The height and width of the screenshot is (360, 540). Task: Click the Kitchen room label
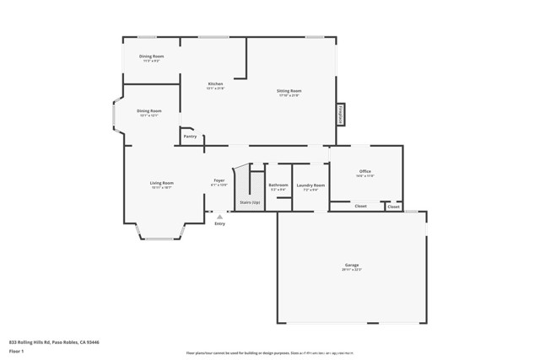click(216, 83)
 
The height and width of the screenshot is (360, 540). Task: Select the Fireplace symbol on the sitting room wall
click(341, 113)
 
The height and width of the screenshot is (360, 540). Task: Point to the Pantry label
click(190, 136)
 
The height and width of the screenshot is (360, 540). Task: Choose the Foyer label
click(219, 180)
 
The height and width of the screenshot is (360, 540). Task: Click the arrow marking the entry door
click(219, 217)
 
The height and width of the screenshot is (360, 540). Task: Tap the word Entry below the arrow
click(219, 223)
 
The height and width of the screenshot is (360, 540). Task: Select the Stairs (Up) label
click(250, 202)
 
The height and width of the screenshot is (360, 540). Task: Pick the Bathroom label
click(278, 185)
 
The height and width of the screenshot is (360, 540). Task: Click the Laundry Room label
click(310, 185)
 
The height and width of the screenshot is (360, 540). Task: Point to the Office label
click(364, 171)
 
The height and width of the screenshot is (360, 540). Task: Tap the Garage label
click(351, 265)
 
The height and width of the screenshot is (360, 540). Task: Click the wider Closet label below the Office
click(360, 206)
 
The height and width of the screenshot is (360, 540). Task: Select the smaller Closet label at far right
click(393, 206)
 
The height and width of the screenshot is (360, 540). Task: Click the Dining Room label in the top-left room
click(152, 56)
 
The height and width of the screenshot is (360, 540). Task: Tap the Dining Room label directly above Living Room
click(149, 110)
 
